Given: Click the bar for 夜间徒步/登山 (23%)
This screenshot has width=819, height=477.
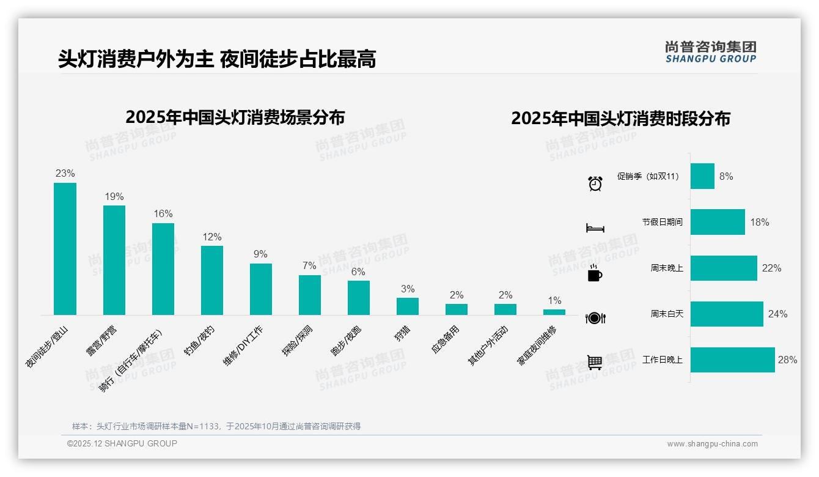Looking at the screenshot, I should coord(65,249).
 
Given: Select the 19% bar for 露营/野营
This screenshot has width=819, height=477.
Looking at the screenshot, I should coord(114,260).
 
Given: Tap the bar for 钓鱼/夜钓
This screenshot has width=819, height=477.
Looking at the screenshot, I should coord(212,280).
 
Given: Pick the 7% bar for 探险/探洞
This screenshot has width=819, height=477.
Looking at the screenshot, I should coord(310,295).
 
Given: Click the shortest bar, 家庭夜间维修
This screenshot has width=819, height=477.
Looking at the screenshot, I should coord(554,312).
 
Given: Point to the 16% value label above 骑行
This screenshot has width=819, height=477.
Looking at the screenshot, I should coord(163,214).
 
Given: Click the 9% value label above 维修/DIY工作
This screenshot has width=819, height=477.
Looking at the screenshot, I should coord(261,254).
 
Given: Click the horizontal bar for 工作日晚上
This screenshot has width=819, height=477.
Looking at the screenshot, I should coord(732,360).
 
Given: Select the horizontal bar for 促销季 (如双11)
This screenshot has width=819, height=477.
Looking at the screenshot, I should coord(702,176).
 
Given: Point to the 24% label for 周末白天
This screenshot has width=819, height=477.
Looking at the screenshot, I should coord(777,314).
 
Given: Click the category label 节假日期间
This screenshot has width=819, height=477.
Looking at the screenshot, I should coord(663,222).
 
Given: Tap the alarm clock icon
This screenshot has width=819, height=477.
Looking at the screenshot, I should coord(595,183).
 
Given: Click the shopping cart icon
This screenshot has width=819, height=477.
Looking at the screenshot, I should coord(595,363).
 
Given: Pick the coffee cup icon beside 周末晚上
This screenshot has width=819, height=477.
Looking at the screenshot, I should coord(595,274).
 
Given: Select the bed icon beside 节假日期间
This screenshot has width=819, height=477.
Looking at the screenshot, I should coord(595,228).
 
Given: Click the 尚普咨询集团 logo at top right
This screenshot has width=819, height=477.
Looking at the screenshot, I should coord(711,51).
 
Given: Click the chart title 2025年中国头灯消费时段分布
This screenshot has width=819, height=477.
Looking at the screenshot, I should coord(620,119).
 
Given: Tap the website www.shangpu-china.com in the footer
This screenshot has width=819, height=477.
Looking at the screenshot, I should coord(712,444).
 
